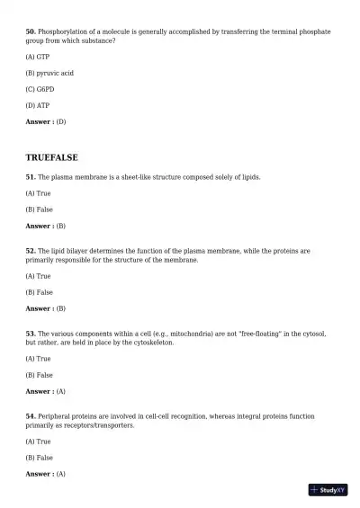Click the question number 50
point(30,31)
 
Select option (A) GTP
point(38,57)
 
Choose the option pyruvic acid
point(49,73)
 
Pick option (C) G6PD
point(40,89)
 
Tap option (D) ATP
point(38,105)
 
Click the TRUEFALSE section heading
point(51,157)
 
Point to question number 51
point(30,177)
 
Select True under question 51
point(38,193)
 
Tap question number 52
point(30,251)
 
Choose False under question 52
point(39,292)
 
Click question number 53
point(30,334)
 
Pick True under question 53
point(38,359)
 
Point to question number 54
point(30,416)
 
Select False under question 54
point(39,458)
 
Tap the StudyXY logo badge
point(328,490)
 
